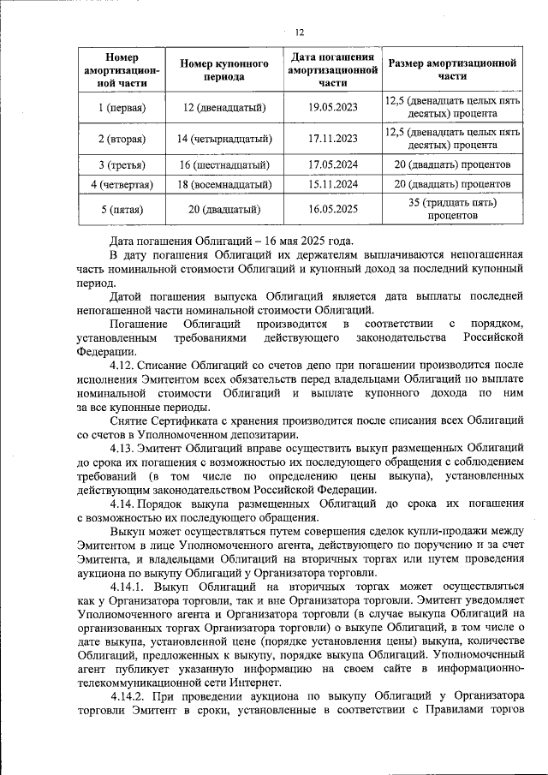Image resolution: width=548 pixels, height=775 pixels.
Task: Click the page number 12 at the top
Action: [299, 33]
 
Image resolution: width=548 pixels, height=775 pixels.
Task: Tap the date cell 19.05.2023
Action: [333, 108]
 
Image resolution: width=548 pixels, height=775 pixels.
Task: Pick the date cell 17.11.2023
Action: [333, 138]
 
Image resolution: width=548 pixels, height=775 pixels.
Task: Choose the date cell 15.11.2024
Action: [333, 184]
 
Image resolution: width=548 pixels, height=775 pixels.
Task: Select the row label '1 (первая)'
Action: [122, 108]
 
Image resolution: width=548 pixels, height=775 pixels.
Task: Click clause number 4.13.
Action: [124, 448]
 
